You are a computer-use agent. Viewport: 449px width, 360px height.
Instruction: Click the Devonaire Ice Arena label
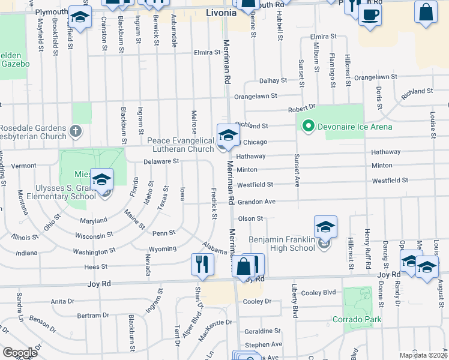coord(355,127)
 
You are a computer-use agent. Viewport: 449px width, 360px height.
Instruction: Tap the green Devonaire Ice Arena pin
coord(309,127)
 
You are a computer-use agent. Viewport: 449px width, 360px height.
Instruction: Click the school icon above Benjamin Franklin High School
coord(325,227)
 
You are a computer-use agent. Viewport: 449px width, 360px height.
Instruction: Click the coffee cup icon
coord(370,14)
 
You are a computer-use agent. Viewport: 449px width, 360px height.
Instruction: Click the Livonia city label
coord(221,12)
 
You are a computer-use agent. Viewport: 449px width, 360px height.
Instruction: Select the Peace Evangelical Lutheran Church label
coord(181,145)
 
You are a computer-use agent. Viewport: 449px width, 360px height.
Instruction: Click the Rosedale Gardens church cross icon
coord(75,130)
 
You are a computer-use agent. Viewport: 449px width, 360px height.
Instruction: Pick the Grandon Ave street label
coord(256,202)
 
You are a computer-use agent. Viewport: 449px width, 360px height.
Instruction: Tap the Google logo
coord(19,353)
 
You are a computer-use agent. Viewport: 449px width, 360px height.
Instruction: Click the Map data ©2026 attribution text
coord(424,355)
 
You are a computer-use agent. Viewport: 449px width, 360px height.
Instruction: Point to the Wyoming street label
coord(162,248)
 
